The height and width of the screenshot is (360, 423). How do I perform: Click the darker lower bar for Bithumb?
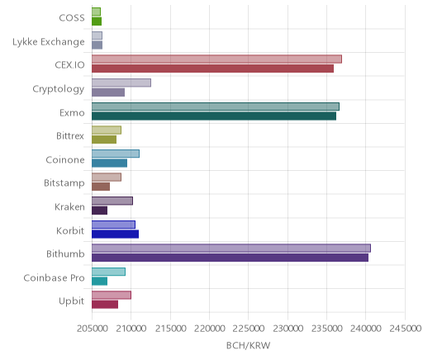coord(230,258)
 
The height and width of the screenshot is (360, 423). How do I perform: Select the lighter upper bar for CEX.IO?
coord(216,59)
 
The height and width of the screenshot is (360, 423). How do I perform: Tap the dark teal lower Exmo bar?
coord(214,116)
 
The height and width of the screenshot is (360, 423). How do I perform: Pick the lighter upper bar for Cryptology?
coord(121,83)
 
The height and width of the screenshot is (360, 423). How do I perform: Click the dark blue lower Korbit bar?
coord(115,234)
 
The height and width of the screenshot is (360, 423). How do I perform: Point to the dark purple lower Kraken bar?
coord(99,211)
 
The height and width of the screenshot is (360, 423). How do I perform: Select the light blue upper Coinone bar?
coord(116,154)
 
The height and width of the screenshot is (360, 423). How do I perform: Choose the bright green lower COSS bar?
coord(97,21)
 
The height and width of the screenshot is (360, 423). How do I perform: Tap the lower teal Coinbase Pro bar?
coord(99,282)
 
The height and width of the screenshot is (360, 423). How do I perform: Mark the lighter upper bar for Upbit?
coord(112,295)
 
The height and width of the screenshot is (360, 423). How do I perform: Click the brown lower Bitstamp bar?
coord(101,187)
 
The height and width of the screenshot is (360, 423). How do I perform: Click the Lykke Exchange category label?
coord(49,42)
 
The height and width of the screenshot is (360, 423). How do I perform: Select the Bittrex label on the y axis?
coord(70,136)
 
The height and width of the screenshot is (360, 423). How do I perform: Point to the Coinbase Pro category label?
coord(54,278)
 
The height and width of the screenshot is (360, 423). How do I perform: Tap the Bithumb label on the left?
coord(65,253)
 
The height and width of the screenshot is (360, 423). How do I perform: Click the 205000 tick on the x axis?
coord(92,329)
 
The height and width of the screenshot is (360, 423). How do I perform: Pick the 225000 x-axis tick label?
coord(249,329)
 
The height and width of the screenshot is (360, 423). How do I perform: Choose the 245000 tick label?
coord(405,329)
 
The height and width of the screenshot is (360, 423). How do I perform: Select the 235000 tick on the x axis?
coord(327,329)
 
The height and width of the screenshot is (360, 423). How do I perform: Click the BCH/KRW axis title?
coord(248,345)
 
